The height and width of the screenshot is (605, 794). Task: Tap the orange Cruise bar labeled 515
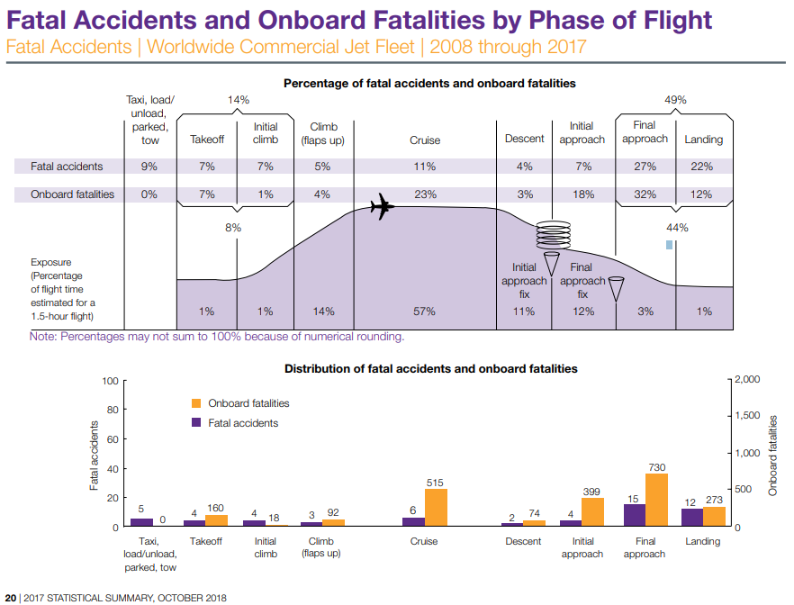pos(435,508)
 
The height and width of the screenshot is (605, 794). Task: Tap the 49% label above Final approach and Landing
pos(675,101)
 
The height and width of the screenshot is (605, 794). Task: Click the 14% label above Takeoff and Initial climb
pos(238,101)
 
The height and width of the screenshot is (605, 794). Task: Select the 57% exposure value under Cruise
pos(424,312)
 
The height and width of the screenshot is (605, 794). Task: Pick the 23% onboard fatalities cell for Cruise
pos(425,194)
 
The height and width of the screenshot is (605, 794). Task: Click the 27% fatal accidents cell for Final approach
pos(645,167)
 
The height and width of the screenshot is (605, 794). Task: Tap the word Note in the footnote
pos(42,337)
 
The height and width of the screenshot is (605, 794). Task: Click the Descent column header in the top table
pos(525,140)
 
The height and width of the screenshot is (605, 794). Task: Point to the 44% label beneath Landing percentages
pos(676,228)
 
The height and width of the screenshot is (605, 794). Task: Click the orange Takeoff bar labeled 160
pos(216,520)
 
